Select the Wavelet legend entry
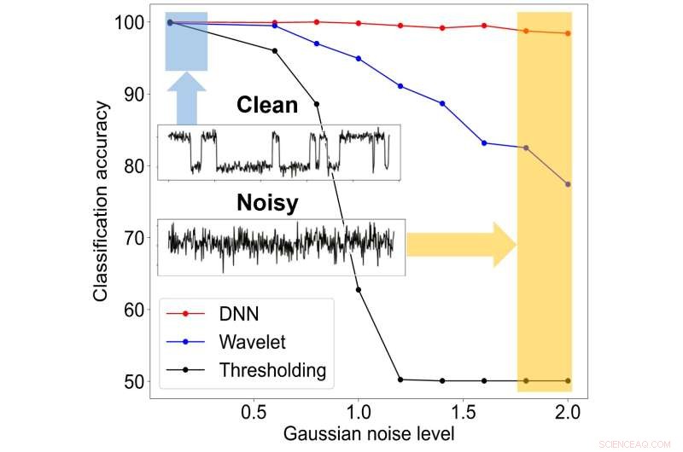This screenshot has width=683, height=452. tap(253, 342)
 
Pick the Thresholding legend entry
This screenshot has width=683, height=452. tap(272, 370)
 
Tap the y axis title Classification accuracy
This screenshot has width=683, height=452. tap(102, 201)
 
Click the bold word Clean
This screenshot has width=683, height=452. tap(267, 105)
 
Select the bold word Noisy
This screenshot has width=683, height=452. tap(267, 204)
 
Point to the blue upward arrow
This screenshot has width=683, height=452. tap(186, 96)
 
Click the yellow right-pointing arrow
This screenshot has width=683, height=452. tap(461, 244)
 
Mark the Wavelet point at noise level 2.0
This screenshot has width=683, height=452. tap(568, 184)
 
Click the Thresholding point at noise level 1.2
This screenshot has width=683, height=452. tap(400, 380)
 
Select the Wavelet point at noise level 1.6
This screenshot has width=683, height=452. tap(484, 143)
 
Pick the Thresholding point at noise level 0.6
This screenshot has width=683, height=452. tap(274, 51)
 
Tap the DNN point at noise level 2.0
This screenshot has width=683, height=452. tap(568, 33)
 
